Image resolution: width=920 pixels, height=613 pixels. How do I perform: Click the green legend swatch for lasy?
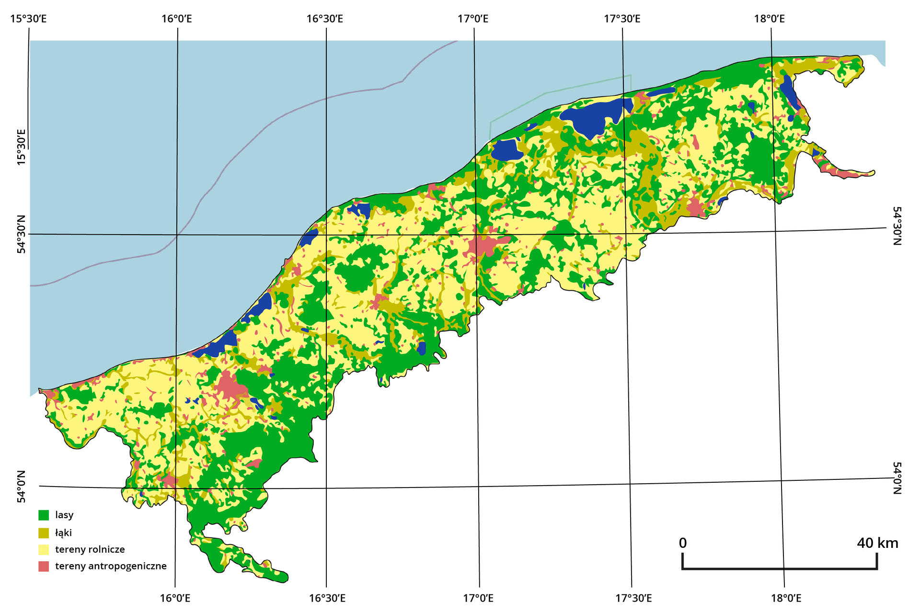(44, 515)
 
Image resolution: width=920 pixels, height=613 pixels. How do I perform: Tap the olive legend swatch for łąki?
(44, 533)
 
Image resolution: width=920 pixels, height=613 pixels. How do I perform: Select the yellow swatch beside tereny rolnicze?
(44, 550)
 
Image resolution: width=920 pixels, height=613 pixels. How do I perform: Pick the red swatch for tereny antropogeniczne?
(44, 567)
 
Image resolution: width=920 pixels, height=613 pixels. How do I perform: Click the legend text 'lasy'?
(64, 515)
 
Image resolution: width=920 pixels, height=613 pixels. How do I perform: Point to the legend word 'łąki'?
(63, 533)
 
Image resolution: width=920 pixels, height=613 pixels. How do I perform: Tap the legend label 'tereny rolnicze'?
(90, 549)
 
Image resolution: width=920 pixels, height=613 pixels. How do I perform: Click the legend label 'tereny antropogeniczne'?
(111, 566)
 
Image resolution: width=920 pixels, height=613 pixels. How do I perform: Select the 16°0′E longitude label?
(175, 598)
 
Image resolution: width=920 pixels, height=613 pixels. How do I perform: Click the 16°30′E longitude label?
(327, 598)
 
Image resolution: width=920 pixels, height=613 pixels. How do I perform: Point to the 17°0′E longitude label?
(478, 598)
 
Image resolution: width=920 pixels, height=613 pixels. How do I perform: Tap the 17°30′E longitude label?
(633, 598)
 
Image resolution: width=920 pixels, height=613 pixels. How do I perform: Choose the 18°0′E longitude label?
(786, 598)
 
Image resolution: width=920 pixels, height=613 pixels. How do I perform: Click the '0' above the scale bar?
(683, 543)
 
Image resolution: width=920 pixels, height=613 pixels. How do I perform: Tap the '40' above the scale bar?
(865, 543)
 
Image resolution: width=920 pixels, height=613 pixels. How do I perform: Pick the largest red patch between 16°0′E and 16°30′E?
(230, 386)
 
